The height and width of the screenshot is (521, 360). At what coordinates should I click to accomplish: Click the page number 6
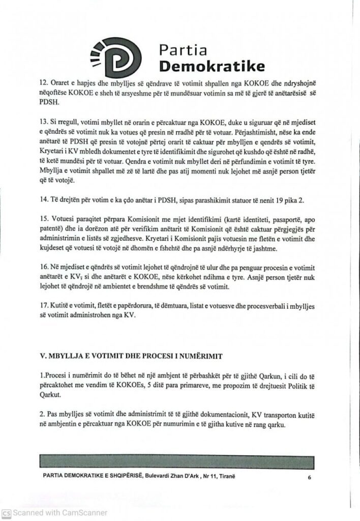309,478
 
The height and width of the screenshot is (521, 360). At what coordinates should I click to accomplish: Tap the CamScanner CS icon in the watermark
6,513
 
